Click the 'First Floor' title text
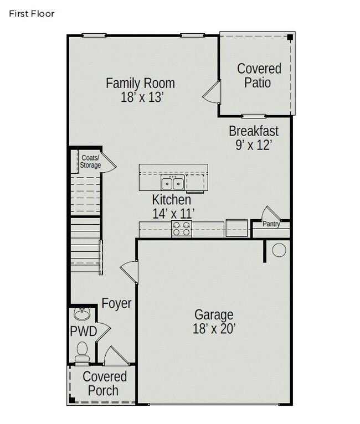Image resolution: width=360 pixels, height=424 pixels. tap(32, 13)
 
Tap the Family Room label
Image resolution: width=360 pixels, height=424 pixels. tap(140, 83)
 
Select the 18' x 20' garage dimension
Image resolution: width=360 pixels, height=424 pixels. tap(214, 329)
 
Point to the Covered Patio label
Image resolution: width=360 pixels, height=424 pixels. tap(259, 75)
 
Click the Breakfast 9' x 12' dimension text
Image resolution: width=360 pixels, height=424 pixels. tap(254, 145)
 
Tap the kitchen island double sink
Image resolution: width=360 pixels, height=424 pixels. tap(173, 183)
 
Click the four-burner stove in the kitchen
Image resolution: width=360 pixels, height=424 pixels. tap(182, 229)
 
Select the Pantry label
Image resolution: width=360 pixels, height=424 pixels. tap(271, 224)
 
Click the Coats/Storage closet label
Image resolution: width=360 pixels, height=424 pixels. tap(90, 162)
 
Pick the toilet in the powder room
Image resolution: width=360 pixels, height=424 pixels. tap(82, 351)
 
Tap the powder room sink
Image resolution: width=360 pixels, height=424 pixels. tap(83, 314)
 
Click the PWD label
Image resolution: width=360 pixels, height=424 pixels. tap(83, 331)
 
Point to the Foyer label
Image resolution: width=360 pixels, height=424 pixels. tap(116, 303)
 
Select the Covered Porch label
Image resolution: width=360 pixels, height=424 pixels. tap(105, 384)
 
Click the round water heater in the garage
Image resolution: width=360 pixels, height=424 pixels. tap(279, 250)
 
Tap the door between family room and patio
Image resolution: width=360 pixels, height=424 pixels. tap(212, 92)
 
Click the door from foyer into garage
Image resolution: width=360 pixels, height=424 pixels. tap(129, 272)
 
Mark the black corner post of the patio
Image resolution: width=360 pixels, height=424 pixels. tap(290, 37)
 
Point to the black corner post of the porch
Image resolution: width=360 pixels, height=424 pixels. tap(72, 400)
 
